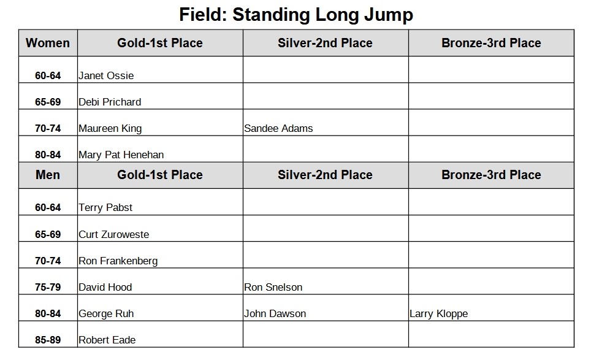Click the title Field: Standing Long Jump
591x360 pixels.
click(296, 15)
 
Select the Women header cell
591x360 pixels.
click(48, 43)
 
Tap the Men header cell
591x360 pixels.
click(48, 175)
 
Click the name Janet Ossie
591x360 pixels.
click(106, 76)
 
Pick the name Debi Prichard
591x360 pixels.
click(110, 102)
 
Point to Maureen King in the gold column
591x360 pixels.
click(110, 129)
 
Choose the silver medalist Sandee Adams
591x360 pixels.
click(278, 129)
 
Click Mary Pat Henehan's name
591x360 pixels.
click(121, 155)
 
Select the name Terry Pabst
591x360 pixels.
click(105, 208)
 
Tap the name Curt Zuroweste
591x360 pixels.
click(114, 234)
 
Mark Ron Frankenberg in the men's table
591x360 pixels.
click(118, 261)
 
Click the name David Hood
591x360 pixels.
click(105, 287)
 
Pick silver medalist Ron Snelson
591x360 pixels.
click(273, 287)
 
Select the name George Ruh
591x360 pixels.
click(106, 313)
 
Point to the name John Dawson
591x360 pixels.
click(275, 313)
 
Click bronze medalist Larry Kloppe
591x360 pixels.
click(439, 313)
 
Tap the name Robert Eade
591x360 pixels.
click(107, 340)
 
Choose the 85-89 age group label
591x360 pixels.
click(48, 340)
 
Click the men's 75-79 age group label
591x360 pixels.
click(48, 287)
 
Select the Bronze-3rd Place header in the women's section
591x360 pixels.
click(491, 43)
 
